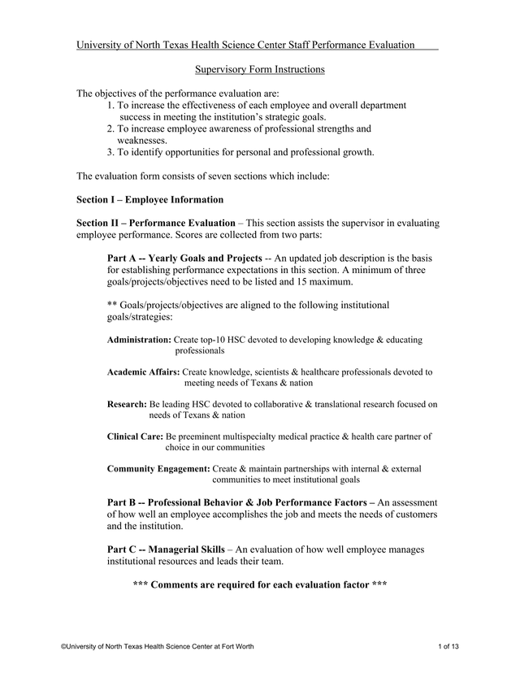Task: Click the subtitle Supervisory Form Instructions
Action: (260, 69)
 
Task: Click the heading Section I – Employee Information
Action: (149, 199)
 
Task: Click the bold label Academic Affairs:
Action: (143, 371)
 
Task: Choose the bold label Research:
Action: (128, 403)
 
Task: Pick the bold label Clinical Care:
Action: (136, 436)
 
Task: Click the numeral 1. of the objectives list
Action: (111, 106)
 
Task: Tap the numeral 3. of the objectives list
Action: (111, 152)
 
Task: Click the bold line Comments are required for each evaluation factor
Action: (260, 584)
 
